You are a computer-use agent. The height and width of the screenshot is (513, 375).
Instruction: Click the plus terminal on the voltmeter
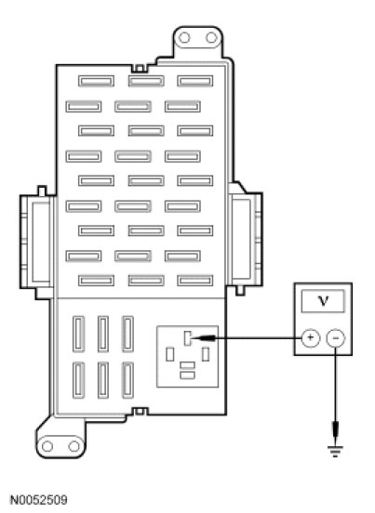pyautogui.click(x=310, y=337)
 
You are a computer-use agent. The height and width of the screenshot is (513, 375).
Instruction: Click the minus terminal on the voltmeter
pyautogui.click(x=335, y=337)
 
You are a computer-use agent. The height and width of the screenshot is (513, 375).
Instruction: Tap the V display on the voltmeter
pyautogui.click(x=323, y=301)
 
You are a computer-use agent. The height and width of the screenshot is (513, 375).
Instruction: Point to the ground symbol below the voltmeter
pyautogui.click(x=335, y=452)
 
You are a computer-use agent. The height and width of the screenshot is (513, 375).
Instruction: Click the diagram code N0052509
pyautogui.click(x=39, y=500)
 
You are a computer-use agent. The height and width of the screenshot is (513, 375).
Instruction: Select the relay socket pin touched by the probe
pyautogui.click(x=187, y=338)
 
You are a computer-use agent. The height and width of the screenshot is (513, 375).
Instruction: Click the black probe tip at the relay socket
pyautogui.click(x=204, y=338)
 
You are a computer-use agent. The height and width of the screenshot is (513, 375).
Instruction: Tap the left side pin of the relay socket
pyautogui.click(x=170, y=354)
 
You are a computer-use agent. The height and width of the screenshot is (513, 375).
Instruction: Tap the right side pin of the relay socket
pyautogui.click(x=206, y=354)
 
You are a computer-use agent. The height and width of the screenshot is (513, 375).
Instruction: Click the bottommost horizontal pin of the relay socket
pyautogui.click(x=188, y=375)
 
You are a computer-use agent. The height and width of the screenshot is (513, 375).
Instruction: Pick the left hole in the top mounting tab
pyautogui.click(x=184, y=37)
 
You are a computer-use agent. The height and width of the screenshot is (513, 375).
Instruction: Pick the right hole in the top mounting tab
pyautogui.click(x=211, y=37)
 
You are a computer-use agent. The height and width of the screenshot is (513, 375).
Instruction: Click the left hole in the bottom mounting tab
pyautogui.click(x=47, y=446)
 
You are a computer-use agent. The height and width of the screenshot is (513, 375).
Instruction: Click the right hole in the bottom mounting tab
pyautogui.click(x=74, y=446)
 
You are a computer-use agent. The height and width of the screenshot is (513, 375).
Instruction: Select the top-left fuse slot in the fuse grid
pyautogui.click(x=96, y=81)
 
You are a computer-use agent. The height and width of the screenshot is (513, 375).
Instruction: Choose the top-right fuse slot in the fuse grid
pyautogui.click(x=195, y=81)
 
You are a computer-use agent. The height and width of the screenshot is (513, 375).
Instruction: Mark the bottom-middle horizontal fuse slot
pyautogui.click(x=146, y=281)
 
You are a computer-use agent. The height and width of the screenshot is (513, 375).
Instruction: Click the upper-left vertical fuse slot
pyautogui.click(x=78, y=334)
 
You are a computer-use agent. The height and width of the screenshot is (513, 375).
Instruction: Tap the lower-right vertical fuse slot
pyautogui.click(x=128, y=380)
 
